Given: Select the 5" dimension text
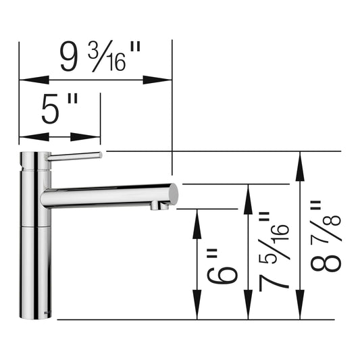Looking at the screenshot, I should tap(59, 109).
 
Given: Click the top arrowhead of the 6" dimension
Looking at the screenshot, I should tap(197, 218).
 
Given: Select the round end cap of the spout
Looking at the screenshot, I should tap(173, 195).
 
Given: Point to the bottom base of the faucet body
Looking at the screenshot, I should tap(34, 312).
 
